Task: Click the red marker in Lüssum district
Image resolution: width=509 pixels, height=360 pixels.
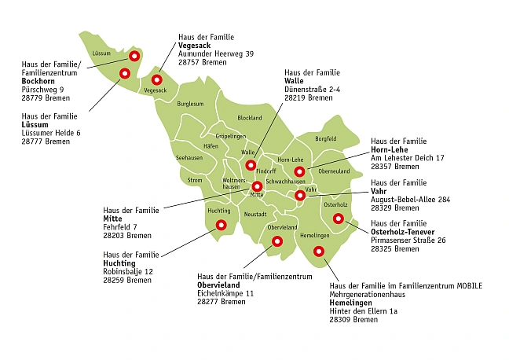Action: pyautogui.click(x=123, y=74)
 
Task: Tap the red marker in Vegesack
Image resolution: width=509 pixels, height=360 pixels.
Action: pyautogui.click(x=156, y=79)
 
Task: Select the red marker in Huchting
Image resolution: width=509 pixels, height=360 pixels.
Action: pyautogui.click(x=221, y=225)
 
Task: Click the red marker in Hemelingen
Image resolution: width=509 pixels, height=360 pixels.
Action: pyautogui.click(x=318, y=252)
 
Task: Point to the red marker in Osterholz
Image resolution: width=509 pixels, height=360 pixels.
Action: pyautogui.click(x=339, y=219)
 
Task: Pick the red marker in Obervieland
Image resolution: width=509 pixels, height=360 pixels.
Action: pyautogui.click(x=276, y=242)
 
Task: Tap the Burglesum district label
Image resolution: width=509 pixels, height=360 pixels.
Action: pyautogui.click(x=190, y=104)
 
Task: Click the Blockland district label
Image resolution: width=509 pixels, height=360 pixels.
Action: pyautogui.click(x=250, y=118)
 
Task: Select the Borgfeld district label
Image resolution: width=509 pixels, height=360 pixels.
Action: pyautogui.click(x=326, y=139)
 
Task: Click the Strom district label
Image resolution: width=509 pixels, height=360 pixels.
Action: pyautogui.click(x=194, y=180)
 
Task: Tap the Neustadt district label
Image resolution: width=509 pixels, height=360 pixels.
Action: pyautogui.click(x=256, y=214)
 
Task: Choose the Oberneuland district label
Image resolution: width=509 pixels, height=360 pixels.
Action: pyautogui.click(x=334, y=171)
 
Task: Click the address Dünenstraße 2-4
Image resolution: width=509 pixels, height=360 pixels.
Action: pyautogui.click(x=312, y=89)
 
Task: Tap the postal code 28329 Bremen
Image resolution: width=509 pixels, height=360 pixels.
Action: pyautogui.click(x=396, y=208)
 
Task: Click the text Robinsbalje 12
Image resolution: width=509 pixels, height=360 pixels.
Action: pyautogui.click(x=128, y=271)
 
